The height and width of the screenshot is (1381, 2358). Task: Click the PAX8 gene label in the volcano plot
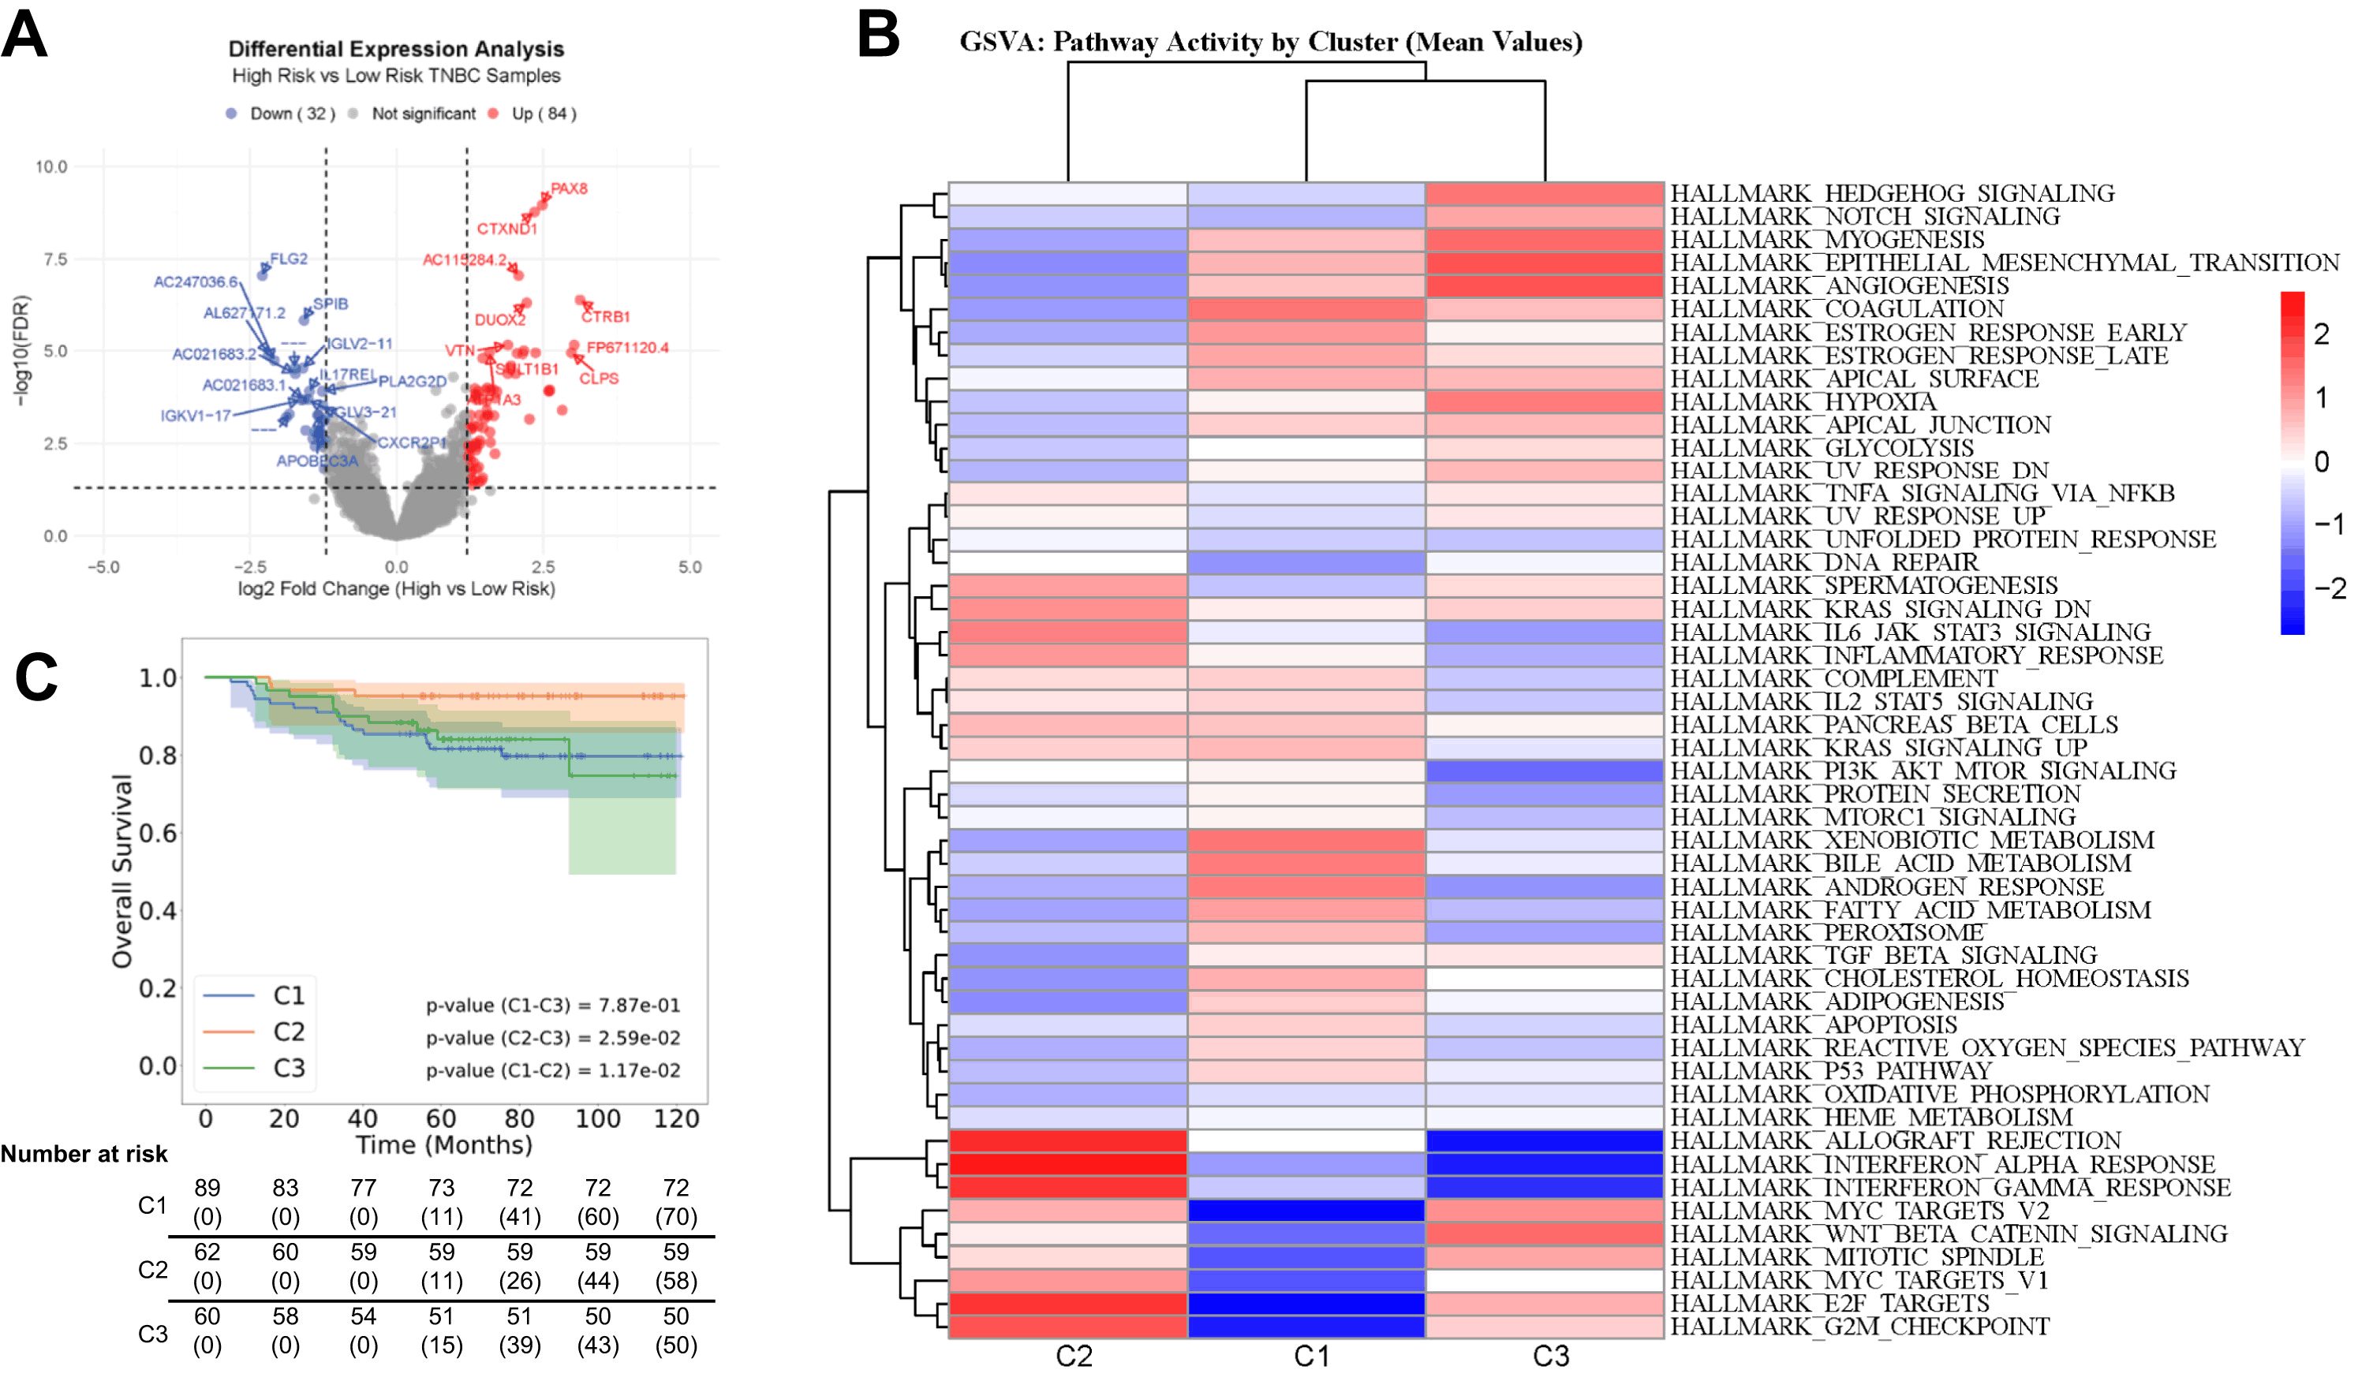tap(569, 189)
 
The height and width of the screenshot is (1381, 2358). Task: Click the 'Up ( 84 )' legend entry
tap(543, 114)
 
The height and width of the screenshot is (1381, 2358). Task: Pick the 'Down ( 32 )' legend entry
tap(291, 114)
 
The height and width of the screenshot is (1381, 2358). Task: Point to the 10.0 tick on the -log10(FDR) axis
tap(51, 167)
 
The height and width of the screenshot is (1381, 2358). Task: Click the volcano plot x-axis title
tap(396, 589)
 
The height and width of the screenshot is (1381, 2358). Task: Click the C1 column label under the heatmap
tap(1311, 1357)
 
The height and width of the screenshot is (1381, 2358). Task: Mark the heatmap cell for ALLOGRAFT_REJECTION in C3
tap(1544, 1140)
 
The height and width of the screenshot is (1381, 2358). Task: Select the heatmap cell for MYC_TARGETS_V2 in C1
tap(1306, 1211)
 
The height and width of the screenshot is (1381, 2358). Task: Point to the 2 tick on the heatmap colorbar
tap(2322, 335)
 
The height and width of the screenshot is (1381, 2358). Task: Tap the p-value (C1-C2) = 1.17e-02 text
tap(553, 1071)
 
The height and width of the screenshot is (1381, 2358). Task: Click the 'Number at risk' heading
tap(84, 1155)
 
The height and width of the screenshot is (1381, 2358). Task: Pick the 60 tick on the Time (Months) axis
tap(441, 1119)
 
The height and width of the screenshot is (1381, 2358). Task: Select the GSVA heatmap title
tap(1270, 42)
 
